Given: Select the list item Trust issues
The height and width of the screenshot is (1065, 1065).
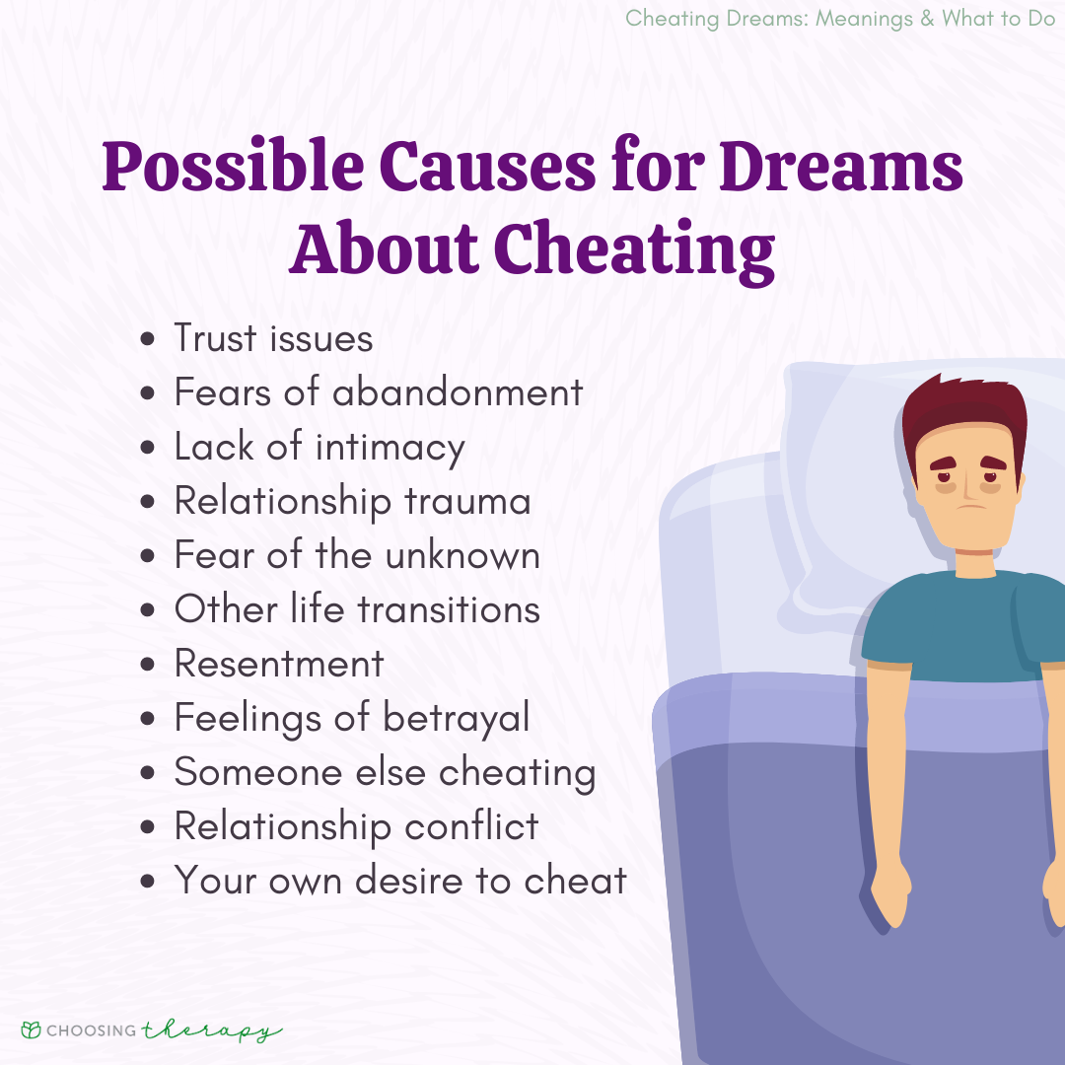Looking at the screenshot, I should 273,338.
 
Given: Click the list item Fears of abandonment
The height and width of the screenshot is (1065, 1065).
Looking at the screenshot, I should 379,392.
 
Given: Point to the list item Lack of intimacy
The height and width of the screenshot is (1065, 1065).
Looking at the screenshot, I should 319,447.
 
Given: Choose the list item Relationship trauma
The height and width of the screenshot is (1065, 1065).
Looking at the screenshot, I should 352,501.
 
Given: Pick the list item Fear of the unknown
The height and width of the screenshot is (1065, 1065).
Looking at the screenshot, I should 357,555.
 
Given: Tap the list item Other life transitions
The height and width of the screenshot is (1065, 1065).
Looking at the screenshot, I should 357,609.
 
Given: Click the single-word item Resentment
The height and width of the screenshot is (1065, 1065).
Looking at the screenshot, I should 279,664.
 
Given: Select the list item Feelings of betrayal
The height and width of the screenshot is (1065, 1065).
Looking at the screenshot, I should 352,718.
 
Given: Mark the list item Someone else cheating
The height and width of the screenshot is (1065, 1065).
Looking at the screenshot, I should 385,772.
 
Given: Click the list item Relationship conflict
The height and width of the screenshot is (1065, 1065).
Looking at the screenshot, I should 356,826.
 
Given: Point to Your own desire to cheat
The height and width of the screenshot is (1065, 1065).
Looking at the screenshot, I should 400,881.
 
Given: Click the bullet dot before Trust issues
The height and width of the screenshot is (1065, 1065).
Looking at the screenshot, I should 148,340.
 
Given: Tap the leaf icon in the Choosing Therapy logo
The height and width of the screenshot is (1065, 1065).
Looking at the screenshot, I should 32,1030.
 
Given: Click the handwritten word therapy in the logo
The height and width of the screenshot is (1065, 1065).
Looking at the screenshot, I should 211,1030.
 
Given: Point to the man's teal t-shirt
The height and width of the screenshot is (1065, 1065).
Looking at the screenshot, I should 961,621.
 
